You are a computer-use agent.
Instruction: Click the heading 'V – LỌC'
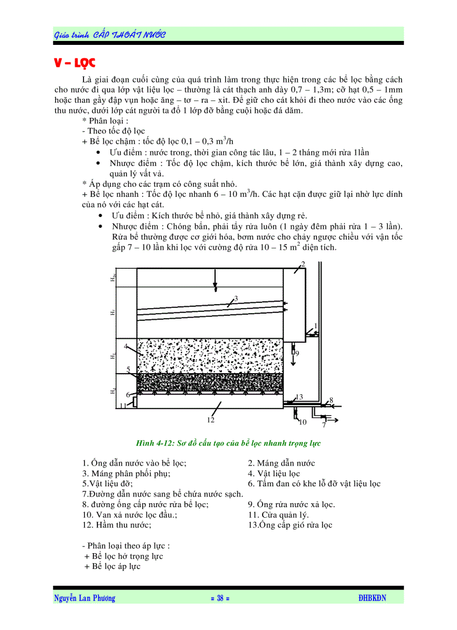coord(75,62)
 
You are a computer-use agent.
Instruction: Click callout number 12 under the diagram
coord(211,419)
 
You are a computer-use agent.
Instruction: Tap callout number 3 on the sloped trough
coord(236,298)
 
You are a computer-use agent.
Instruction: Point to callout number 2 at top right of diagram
coord(303,264)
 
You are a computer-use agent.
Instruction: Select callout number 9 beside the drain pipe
coord(297,353)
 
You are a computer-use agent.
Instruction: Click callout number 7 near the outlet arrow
coord(324,425)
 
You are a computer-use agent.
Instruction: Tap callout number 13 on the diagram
coord(299,397)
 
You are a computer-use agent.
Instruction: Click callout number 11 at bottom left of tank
coord(122,406)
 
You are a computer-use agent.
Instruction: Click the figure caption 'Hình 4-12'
coord(228,443)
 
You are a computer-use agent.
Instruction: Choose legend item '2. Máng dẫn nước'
coord(281,463)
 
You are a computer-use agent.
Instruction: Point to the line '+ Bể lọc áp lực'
coord(112,567)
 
